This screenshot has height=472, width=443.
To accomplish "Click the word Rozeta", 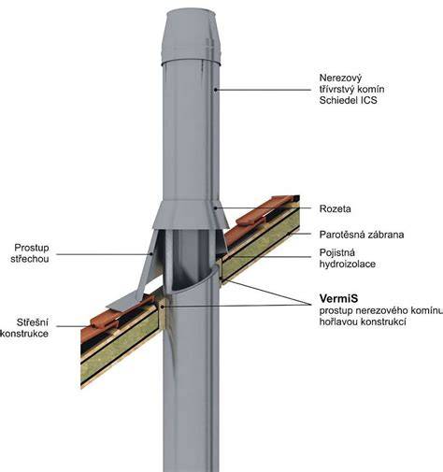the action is tap(335, 208).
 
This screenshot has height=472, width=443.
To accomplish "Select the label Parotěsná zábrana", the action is tap(362, 235).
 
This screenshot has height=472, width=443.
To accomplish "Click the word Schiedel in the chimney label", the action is tap(338, 100).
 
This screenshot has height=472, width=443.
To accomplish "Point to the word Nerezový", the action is tap(340, 78).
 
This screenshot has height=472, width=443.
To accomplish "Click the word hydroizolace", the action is tap(348, 264).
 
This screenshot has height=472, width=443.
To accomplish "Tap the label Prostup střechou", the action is tap(30, 253).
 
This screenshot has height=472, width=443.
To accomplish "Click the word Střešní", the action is tap(33, 322).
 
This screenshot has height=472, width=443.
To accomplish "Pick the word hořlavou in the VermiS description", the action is tap(338, 322).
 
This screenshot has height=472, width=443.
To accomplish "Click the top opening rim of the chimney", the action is tap(191, 12).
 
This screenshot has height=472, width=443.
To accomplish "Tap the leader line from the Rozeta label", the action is tap(263, 207).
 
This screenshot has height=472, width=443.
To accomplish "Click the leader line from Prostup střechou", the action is tap(104, 254).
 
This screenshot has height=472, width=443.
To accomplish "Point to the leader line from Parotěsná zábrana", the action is tap(300, 234).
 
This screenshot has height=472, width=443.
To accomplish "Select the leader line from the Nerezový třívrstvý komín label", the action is tap(263, 90).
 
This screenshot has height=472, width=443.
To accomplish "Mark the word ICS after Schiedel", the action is tap(368, 100).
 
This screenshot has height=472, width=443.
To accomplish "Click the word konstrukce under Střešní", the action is tap(24, 334).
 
